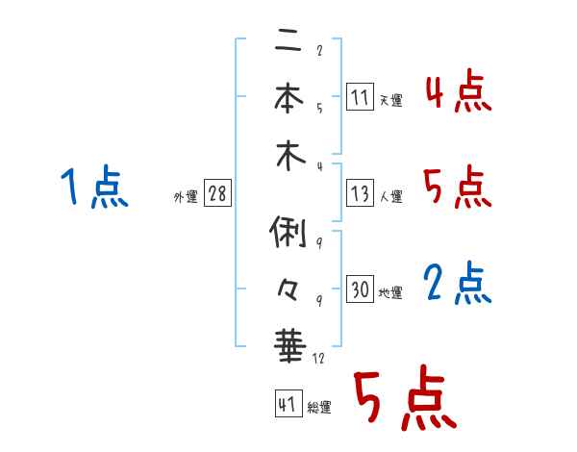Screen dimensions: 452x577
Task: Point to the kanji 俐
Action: pyautogui.click(x=288, y=234)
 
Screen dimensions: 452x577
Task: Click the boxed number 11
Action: pyautogui.click(x=360, y=96)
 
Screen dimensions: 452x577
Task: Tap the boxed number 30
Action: pyautogui.click(x=360, y=289)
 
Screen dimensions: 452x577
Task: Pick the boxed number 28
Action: pyautogui.click(x=217, y=193)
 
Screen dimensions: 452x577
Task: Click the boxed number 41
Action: pyautogui.click(x=287, y=405)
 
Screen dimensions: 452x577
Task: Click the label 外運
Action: pyautogui.click(x=186, y=197)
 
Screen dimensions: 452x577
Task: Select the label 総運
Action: pyautogui.click(x=319, y=408)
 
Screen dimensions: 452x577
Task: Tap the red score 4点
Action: pyautogui.click(x=457, y=93)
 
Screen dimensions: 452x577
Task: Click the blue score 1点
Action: pyautogui.click(x=92, y=187)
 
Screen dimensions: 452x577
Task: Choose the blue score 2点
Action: pyautogui.click(x=457, y=283)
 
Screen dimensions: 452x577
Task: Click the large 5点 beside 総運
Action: pyautogui.click(x=404, y=400)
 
